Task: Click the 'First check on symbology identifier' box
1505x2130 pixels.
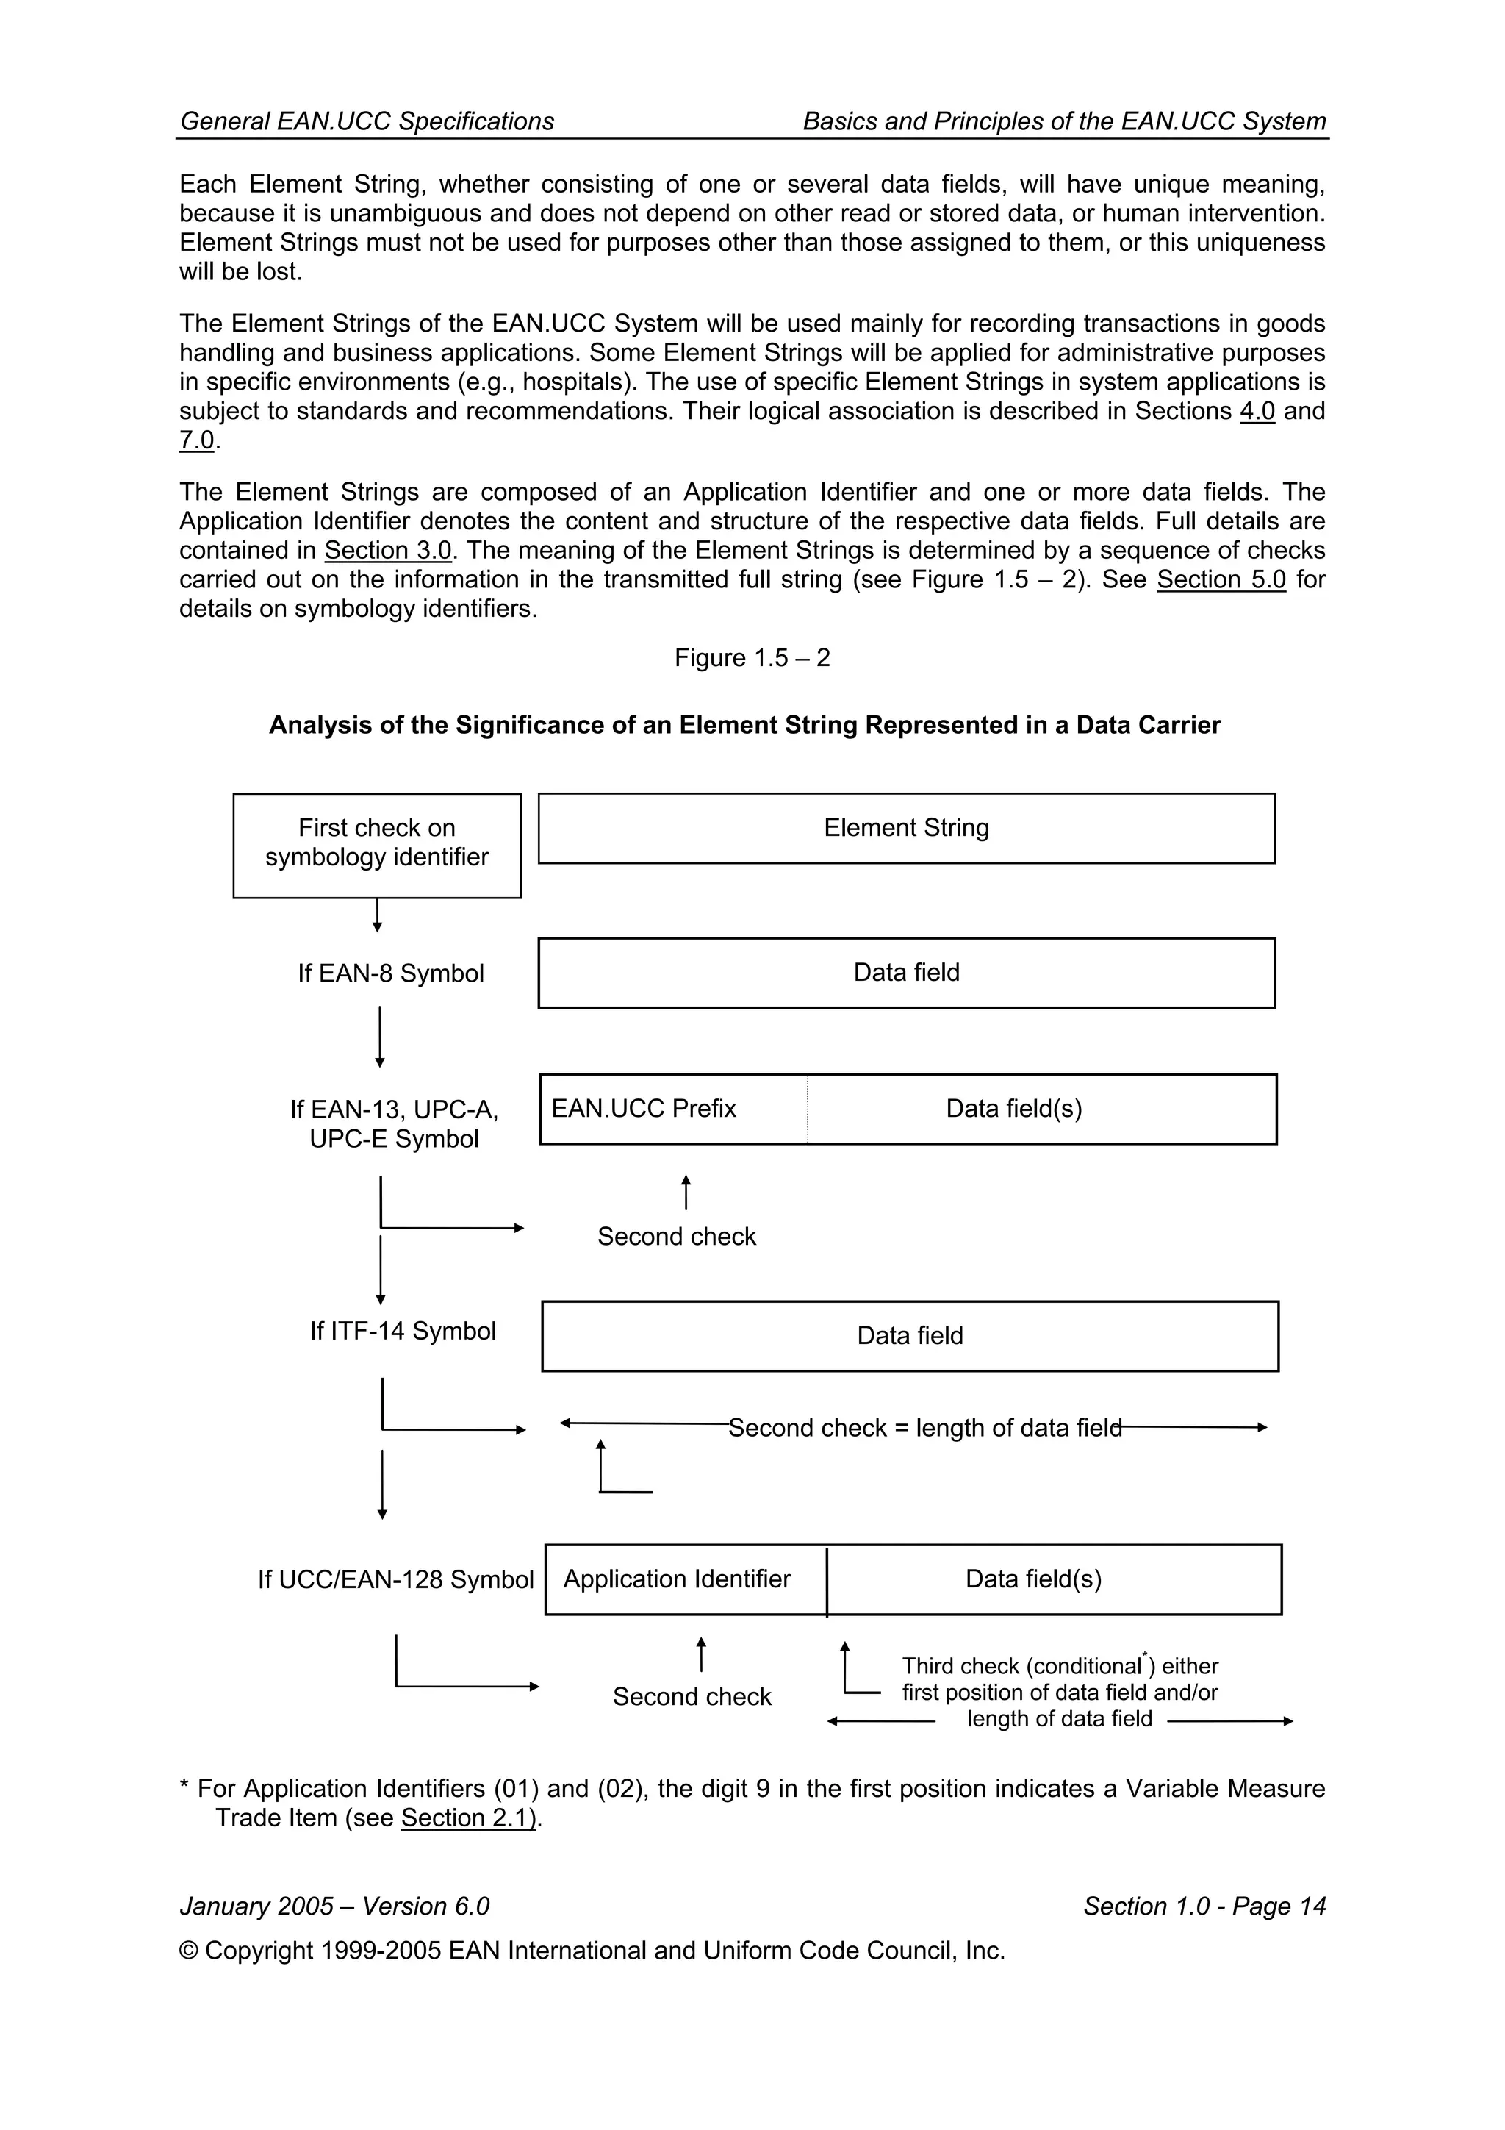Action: click(376, 844)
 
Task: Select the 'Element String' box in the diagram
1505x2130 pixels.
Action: click(906, 827)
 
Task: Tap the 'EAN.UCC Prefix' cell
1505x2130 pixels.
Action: click(673, 1109)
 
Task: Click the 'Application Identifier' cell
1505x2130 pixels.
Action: click(686, 1579)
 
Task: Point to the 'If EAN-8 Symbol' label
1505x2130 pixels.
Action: click(390, 973)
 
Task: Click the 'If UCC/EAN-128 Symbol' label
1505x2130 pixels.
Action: click(396, 1579)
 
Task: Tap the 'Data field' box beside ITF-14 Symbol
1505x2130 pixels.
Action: click(910, 1335)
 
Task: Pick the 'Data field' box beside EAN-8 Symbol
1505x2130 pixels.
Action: click(906, 972)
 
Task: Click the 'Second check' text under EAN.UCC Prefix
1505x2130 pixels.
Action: click(676, 1236)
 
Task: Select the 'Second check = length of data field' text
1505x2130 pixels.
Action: click(924, 1427)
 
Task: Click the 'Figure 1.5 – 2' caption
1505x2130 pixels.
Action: click(752, 658)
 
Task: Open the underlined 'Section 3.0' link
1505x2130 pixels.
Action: click(387, 550)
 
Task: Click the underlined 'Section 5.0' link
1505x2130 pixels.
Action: click(1221, 580)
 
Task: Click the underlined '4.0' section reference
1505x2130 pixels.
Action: click(1257, 411)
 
